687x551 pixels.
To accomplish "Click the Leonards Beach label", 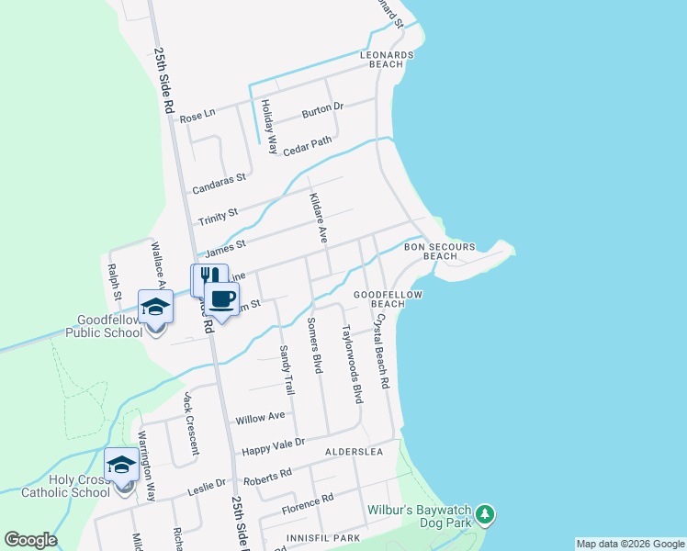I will [393, 60].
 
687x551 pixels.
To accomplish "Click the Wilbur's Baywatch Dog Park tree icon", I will [486, 513].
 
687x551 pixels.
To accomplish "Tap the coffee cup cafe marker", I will [221, 298].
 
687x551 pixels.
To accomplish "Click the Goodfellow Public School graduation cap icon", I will [155, 307].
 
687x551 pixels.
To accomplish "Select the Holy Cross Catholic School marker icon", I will [121, 464].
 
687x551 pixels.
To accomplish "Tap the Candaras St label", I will [218, 184].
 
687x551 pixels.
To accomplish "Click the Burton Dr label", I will [322, 111].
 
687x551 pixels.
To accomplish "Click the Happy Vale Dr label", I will [272, 447].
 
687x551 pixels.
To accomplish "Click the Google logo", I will [30, 540].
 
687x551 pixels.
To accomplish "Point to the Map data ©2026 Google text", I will [629, 544].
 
